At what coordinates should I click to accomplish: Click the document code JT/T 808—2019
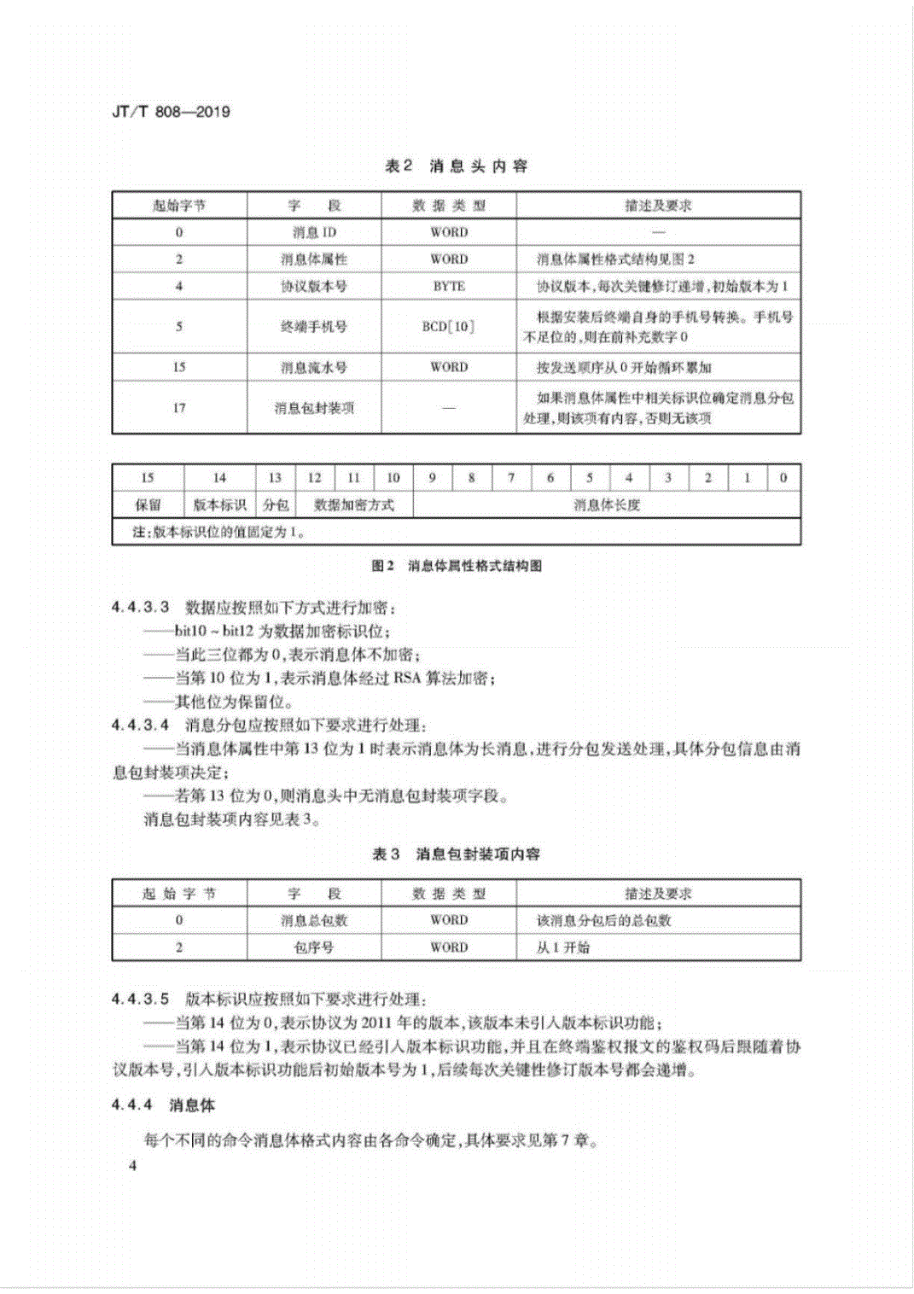pyautogui.click(x=171, y=112)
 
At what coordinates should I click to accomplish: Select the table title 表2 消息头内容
pyautogui.click(x=456, y=166)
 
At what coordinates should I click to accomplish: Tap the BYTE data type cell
pyautogui.click(x=449, y=286)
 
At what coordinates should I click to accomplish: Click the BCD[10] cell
pyautogui.click(x=449, y=326)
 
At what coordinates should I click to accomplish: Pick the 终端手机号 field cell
pyautogui.click(x=314, y=326)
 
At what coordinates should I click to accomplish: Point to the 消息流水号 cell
pyautogui.click(x=314, y=367)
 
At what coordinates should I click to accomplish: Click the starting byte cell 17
pyautogui.click(x=179, y=408)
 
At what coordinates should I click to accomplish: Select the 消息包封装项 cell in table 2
pyautogui.click(x=314, y=408)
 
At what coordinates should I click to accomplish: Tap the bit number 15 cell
pyautogui.click(x=148, y=478)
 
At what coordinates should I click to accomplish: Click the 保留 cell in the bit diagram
pyautogui.click(x=148, y=504)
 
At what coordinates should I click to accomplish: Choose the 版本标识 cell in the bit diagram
pyautogui.click(x=219, y=504)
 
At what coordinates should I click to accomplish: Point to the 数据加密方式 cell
pyautogui.click(x=353, y=504)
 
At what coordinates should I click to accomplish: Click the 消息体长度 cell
pyautogui.click(x=607, y=504)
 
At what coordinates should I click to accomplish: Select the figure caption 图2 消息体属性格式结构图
pyautogui.click(x=457, y=566)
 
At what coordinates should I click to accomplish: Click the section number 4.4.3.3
pyautogui.click(x=141, y=608)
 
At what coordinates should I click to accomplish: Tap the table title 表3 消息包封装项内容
pyautogui.click(x=457, y=854)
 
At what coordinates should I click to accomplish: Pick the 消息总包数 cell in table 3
pyautogui.click(x=314, y=920)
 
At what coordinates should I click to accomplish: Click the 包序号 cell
pyautogui.click(x=314, y=947)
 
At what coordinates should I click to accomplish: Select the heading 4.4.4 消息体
pyautogui.click(x=163, y=1105)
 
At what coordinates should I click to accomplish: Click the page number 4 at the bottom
pyautogui.click(x=132, y=1166)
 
